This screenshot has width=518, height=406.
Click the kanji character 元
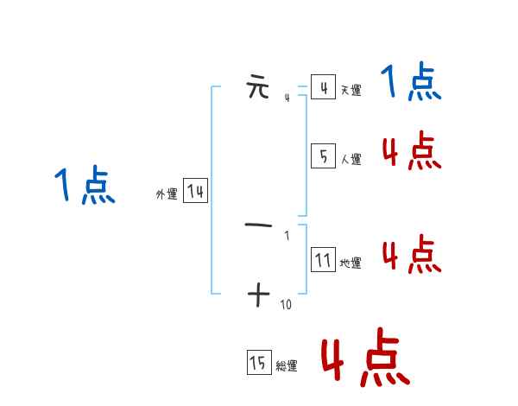click(258, 87)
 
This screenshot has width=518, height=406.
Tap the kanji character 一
click(258, 225)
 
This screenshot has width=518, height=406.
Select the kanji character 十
click(258, 295)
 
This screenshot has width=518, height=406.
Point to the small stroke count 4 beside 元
click(287, 98)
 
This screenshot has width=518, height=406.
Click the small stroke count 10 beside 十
click(287, 305)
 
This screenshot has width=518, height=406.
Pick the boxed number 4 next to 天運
click(323, 87)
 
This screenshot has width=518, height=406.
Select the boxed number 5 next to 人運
click(323, 156)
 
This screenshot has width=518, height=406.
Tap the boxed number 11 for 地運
click(323, 260)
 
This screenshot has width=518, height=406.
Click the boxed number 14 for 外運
click(195, 192)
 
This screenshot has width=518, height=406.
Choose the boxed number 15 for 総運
click(258, 364)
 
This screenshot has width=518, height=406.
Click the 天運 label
click(351, 90)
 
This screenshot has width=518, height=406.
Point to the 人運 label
click(351, 159)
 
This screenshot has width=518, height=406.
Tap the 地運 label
click(351, 263)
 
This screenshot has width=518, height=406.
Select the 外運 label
click(167, 194)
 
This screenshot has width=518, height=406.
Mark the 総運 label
click(287, 366)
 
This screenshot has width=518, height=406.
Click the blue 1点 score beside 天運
click(411, 83)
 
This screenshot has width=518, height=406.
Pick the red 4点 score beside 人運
click(411, 152)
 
